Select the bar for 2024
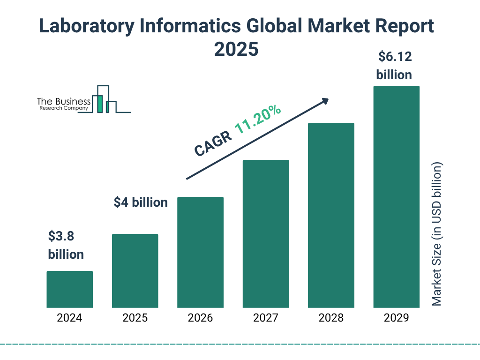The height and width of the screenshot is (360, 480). point(69,289)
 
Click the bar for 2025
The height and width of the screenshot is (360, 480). point(135,271)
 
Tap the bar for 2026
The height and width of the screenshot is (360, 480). point(200,252)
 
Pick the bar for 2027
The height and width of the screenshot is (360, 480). point(265,234)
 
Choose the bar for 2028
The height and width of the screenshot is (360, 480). point(331,215)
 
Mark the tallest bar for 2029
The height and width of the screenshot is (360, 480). point(396,197)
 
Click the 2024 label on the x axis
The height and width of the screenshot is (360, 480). point(69,318)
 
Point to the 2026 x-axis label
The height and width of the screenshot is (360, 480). point(200,318)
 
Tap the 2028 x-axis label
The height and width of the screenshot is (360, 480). point(331,318)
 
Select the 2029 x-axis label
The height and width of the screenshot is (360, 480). point(396,318)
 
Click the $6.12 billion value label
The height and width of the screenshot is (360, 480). point(394,66)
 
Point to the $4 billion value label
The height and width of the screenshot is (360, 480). point(141,202)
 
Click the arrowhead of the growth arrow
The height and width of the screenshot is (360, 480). point(324,101)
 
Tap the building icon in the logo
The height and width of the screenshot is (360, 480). point(104,99)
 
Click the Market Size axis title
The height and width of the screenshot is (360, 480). point(437,234)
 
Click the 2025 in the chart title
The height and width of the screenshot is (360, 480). point(236,49)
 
